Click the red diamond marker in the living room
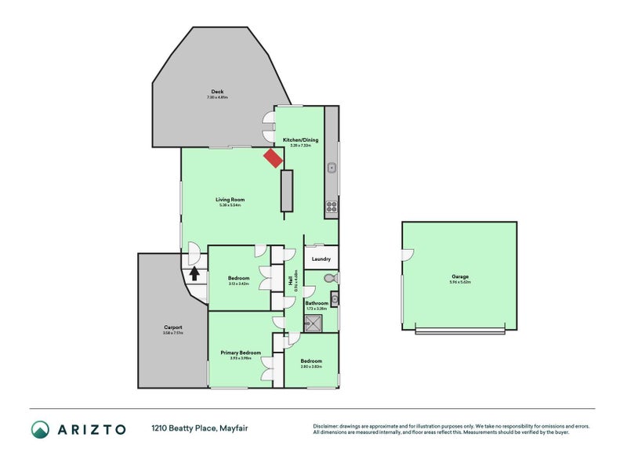point(272,158)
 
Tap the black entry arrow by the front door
point(194,273)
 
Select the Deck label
point(217,92)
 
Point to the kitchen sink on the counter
point(332,167)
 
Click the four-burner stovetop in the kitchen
point(332,208)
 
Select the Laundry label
point(321,258)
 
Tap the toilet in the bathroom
point(330,278)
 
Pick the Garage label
point(460,276)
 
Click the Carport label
point(173,327)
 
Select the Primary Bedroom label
point(239,352)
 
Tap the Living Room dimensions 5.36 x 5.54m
point(230,205)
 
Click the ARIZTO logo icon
point(40,428)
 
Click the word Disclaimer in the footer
point(328,425)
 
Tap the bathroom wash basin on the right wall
point(334,297)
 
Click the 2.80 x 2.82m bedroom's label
point(311,361)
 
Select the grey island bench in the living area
point(286,190)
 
